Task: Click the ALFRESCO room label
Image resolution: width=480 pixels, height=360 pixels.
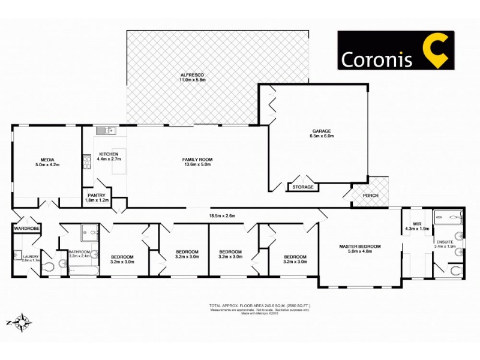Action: [x=193, y=75]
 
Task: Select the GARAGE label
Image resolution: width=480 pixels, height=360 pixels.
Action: [x=321, y=131]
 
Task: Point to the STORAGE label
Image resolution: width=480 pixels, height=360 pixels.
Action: [x=302, y=188]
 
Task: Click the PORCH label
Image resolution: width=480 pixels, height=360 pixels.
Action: [x=370, y=196]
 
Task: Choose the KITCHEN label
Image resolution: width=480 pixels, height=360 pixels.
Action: [x=109, y=155]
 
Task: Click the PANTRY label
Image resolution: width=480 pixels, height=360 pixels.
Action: [x=97, y=195]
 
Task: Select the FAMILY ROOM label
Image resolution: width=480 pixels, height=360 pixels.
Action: [x=197, y=160]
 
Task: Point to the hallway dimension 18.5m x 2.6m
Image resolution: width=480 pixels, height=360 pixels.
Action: [x=205, y=215]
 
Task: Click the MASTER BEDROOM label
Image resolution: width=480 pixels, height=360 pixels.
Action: [x=359, y=247]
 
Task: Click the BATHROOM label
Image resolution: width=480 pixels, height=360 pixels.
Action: [x=79, y=251]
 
